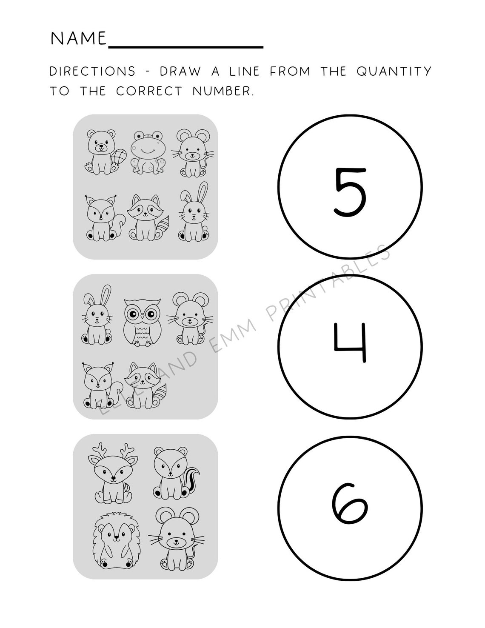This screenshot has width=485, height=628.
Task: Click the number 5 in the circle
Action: pyautogui.click(x=350, y=192)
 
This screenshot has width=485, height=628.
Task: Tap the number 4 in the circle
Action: pyautogui.click(x=350, y=343)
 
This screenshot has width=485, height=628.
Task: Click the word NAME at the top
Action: pyautogui.click(x=78, y=39)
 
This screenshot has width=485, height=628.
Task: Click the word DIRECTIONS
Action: pyautogui.click(x=92, y=71)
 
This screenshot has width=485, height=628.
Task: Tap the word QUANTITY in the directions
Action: pyautogui.click(x=394, y=71)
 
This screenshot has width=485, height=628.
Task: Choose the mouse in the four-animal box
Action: pyautogui.click(x=174, y=538)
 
